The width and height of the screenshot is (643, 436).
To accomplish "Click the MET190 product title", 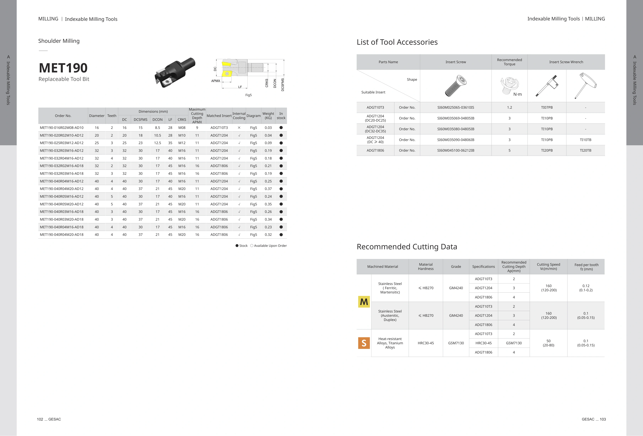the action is coord(63,68).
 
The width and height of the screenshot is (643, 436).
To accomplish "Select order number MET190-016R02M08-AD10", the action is coord(62,128).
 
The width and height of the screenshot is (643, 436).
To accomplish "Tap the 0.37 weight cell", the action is coord(268,189).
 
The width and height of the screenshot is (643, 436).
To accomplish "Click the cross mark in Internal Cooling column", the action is coord(239,128).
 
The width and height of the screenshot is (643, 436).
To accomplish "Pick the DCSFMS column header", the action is coord(141,120).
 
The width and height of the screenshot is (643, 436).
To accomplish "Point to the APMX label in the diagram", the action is coord(216,81).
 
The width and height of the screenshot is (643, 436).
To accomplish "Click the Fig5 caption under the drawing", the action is coord(248,95).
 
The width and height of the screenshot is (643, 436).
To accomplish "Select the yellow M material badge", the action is coord(364,302).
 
